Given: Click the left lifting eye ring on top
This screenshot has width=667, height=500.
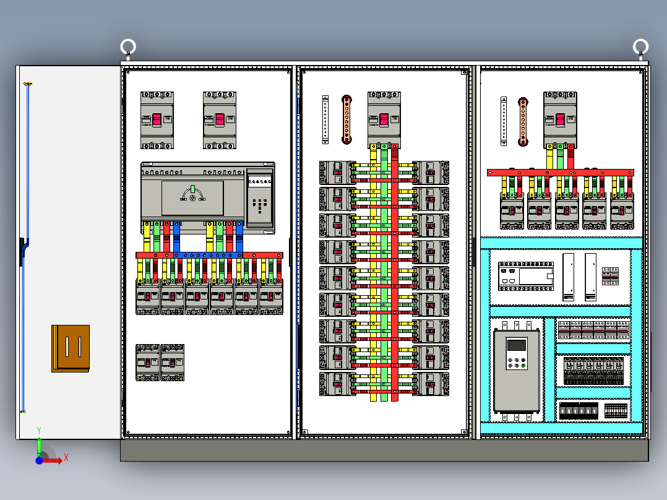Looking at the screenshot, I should click(x=128, y=46).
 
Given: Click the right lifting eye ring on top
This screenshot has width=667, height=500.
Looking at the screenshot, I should click(x=640, y=46).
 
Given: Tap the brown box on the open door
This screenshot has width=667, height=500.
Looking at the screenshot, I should click(x=71, y=348).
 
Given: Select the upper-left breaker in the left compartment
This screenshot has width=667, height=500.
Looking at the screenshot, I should click(x=157, y=120).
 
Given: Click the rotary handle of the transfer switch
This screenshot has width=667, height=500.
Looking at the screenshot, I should click(x=192, y=197).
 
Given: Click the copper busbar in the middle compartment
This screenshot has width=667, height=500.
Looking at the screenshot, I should click(x=347, y=119).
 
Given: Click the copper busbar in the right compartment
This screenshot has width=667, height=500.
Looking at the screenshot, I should click(x=523, y=121).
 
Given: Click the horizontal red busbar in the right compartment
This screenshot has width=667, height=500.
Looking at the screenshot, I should click(x=560, y=173).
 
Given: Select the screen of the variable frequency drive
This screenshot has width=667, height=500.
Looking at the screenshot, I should click(x=515, y=345).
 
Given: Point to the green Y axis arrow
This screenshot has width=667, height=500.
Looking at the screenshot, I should click(x=39, y=444).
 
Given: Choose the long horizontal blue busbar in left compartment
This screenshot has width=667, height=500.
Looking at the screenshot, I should click(x=207, y=255).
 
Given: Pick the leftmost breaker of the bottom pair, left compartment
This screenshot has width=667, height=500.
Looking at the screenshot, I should click(x=148, y=362).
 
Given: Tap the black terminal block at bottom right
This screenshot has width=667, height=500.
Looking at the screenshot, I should click(x=579, y=410).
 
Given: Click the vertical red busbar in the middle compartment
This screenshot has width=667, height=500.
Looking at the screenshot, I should click(x=395, y=272).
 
